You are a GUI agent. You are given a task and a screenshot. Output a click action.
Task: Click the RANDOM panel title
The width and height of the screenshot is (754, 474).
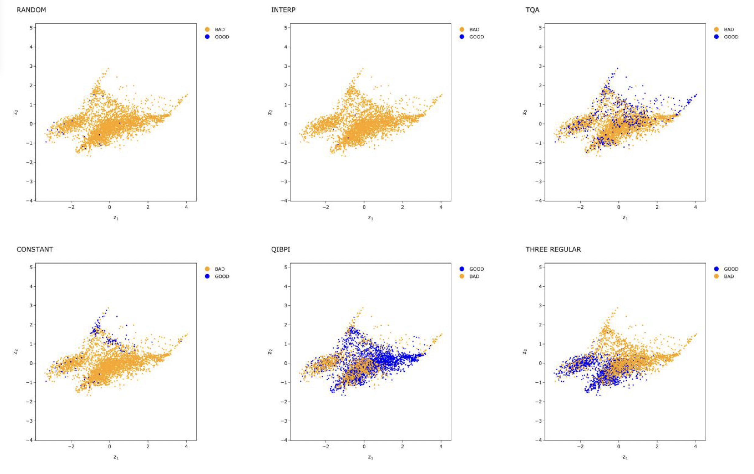tap(31, 10)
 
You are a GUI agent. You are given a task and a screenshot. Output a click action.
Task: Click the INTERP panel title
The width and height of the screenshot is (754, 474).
tap(283, 10)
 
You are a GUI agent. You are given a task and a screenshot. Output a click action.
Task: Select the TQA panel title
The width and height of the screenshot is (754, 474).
tap(532, 10)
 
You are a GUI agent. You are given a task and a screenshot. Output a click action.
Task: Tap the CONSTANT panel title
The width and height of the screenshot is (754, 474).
tap(35, 249)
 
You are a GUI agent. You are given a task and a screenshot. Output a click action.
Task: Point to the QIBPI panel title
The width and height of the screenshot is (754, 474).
tap(280, 249)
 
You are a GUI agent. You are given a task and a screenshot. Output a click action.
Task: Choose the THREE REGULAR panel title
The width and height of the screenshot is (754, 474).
tap(553, 249)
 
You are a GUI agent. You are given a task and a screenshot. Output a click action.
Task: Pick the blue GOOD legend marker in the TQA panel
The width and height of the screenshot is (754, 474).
tap(717, 37)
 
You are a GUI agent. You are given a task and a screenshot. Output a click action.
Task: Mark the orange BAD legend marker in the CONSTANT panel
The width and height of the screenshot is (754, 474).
tap(207, 269)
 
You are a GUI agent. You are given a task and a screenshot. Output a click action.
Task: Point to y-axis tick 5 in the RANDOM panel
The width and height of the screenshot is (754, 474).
tap(31, 28)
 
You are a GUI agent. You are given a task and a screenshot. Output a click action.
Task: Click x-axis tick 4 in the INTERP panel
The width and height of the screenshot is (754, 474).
tap(441, 207)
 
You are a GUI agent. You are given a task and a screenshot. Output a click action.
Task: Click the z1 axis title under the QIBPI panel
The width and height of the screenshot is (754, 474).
tap(370, 457)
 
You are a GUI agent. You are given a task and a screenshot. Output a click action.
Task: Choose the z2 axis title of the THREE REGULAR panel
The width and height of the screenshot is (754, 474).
tap(525, 352)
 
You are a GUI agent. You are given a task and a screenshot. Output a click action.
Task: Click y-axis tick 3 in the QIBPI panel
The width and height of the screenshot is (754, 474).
tap(286, 306)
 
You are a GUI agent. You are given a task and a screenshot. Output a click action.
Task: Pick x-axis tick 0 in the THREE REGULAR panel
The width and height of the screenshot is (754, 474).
tap(618, 446)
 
